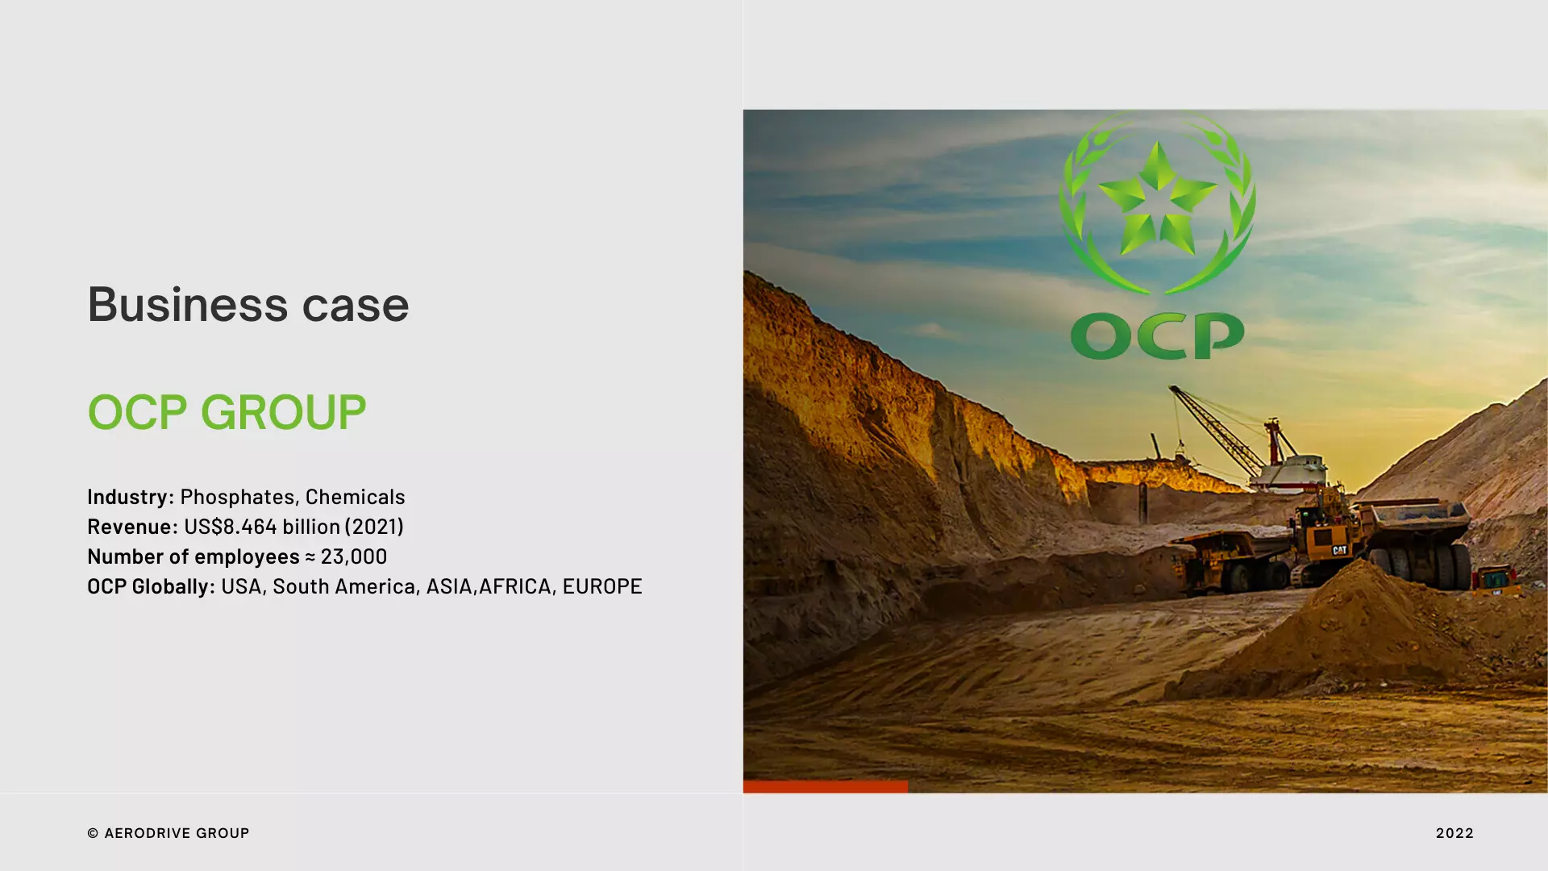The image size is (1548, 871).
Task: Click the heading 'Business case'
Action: [x=248, y=305]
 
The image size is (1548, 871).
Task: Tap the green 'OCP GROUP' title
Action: [x=227, y=412]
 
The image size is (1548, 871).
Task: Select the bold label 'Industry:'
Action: [x=130, y=496]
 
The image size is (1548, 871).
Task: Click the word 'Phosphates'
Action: [x=237, y=496]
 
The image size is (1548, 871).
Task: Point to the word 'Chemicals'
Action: [x=355, y=496]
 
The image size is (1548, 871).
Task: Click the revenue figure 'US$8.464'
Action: [x=230, y=526]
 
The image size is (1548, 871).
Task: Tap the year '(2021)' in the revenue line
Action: [x=373, y=526]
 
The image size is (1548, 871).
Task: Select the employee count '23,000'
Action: [x=353, y=556]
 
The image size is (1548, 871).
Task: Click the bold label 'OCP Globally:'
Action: [x=151, y=586]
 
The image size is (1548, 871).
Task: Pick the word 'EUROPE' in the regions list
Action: [x=601, y=586]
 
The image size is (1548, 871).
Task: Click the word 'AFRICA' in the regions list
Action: [x=514, y=586]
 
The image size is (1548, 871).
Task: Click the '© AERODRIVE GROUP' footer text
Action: [x=169, y=833]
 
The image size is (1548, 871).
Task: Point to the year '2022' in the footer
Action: [x=1454, y=833]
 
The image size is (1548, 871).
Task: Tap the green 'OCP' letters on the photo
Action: [x=1157, y=335]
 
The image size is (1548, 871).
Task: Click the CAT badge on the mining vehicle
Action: [x=1339, y=550]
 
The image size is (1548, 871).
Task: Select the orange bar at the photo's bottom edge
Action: [x=825, y=786]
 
